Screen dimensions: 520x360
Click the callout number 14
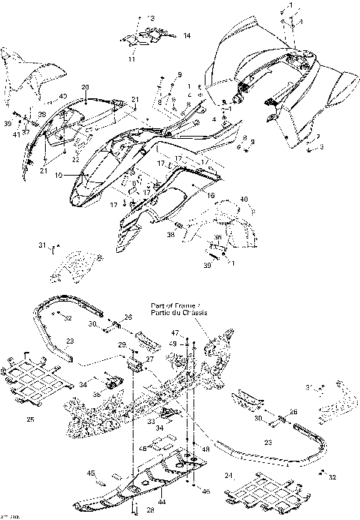[187, 35]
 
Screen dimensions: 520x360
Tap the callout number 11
[130, 58]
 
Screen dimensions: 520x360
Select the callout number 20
[85, 87]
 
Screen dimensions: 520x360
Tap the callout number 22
[76, 158]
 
